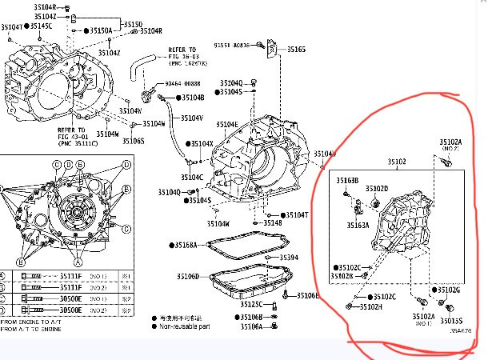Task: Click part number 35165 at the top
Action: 296,50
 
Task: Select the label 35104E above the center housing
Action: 226,125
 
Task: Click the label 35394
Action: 288,258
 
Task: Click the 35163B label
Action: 346,181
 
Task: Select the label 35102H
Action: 370,306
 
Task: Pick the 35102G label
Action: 449,290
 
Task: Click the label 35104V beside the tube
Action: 191,118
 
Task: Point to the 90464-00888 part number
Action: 183,84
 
